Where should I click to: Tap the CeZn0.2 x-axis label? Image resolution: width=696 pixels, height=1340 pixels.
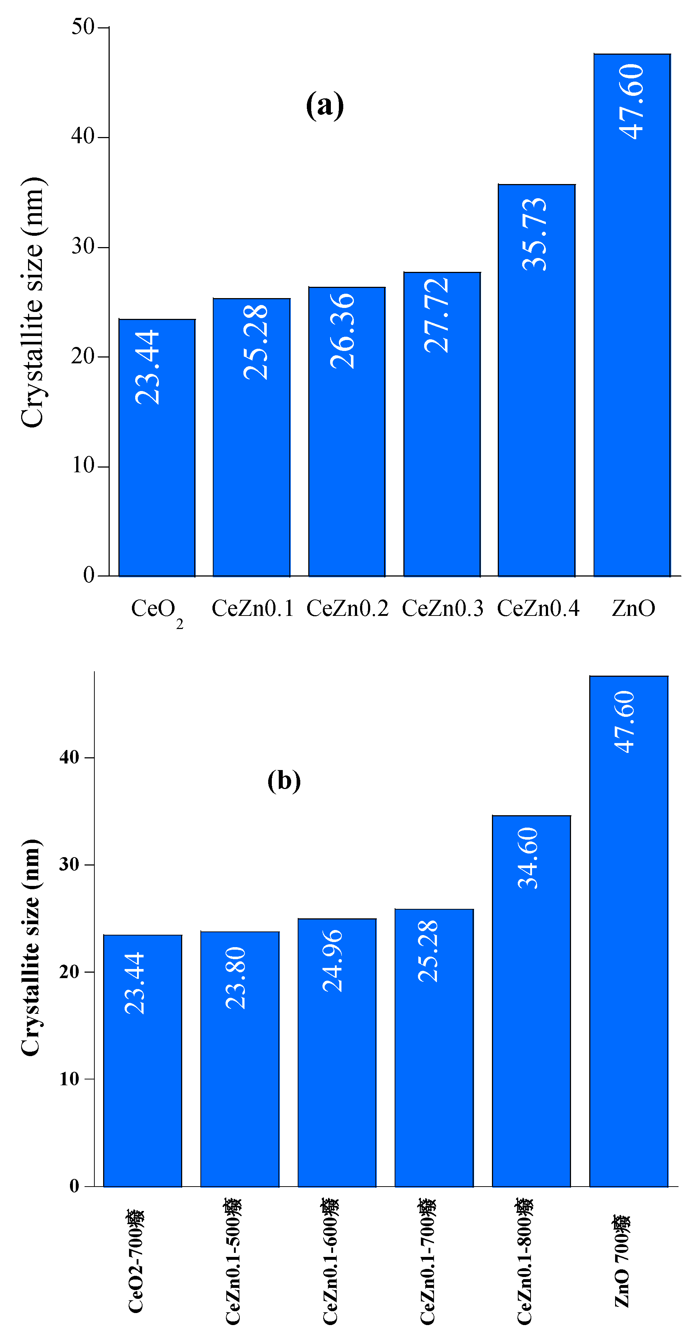tap(347, 608)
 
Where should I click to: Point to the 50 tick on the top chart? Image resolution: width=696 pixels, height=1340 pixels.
tap(83, 27)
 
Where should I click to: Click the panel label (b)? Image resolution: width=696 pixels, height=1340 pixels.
tap(284, 780)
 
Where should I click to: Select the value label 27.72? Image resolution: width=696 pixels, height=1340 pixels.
tap(437, 315)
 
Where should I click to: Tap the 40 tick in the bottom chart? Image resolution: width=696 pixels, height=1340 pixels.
tap(69, 757)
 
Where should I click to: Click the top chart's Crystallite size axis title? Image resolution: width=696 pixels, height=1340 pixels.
tap(32, 302)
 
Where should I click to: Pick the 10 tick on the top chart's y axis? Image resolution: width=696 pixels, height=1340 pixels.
tap(83, 466)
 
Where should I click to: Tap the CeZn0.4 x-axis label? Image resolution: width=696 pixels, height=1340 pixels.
tap(538, 608)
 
